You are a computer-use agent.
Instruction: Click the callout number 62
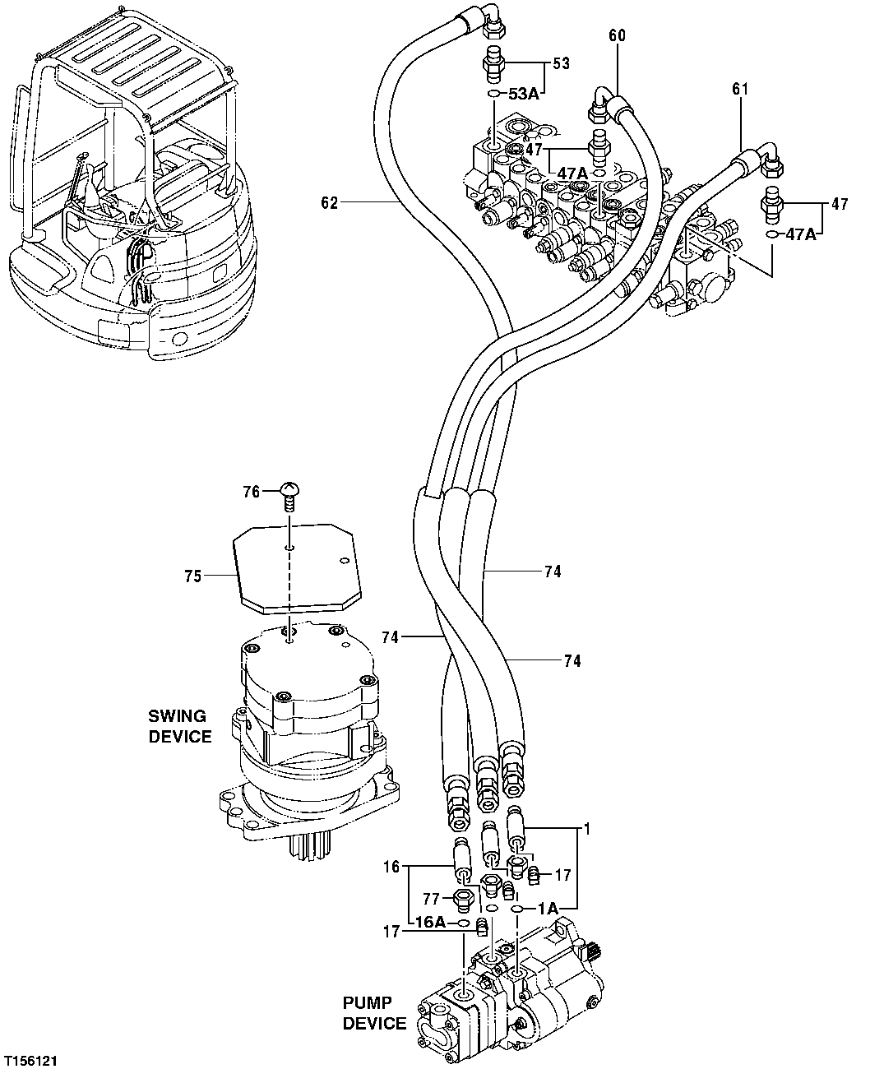tap(329, 203)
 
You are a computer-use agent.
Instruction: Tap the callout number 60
tap(618, 35)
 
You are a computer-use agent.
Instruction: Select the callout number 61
tap(739, 89)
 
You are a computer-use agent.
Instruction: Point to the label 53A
tap(524, 94)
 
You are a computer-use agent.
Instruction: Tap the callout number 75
tap(192, 576)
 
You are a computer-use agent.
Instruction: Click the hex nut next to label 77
tap(462, 898)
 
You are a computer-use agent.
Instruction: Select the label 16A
tap(429, 923)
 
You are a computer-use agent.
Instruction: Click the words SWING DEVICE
tap(179, 726)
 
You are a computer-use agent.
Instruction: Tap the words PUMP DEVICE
tap(374, 1013)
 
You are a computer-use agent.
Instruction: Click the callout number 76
tap(251, 492)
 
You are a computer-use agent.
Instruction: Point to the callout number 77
tap(432, 898)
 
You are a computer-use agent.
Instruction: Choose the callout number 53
tap(561, 62)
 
